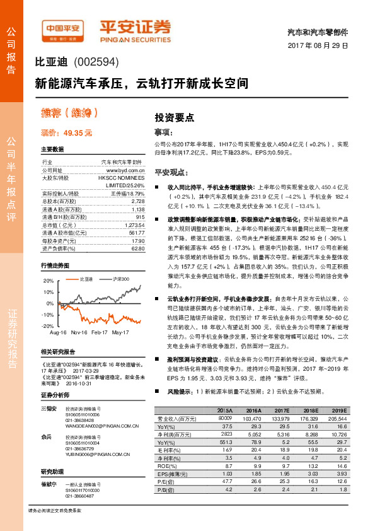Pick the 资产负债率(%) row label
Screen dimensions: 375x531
pyautogui.click(x=56, y=248)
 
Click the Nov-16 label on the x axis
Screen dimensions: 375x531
pyautogui.click(x=79, y=332)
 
